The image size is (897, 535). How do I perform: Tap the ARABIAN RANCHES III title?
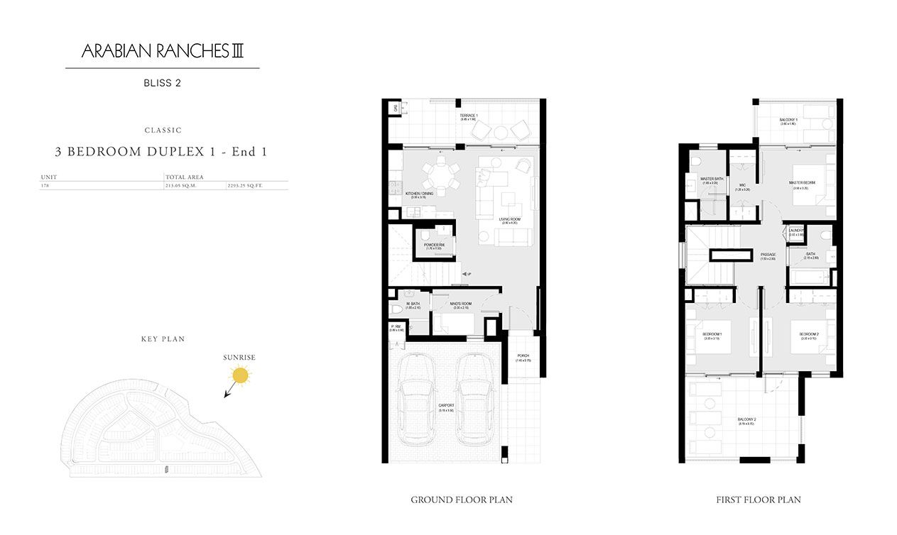point(163,51)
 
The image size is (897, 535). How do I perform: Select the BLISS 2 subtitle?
point(162,83)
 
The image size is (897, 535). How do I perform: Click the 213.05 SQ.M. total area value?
point(180,185)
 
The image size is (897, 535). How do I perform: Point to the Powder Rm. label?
point(433,245)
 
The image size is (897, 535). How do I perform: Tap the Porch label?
point(523,356)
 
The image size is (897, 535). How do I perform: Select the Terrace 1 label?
point(468,116)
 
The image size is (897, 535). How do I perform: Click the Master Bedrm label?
point(802,183)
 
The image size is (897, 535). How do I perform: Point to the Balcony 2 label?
point(746,420)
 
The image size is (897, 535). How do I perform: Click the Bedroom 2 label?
point(809,334)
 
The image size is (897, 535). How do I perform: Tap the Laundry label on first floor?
point(796,231)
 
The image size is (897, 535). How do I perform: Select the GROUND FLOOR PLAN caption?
point(462,500)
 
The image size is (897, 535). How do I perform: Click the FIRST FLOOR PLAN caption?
point(759,500)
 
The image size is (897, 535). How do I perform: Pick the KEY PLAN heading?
point(163,339)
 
